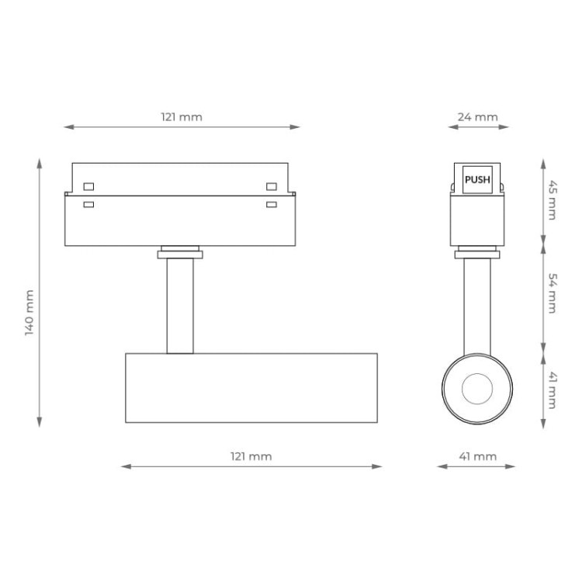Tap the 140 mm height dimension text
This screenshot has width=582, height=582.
29,312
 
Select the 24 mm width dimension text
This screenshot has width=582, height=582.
477,117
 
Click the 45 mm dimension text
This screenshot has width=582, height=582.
552,199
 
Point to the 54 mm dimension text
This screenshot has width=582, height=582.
552,294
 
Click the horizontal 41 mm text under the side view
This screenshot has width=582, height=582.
477,456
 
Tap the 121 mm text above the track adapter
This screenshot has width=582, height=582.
182,117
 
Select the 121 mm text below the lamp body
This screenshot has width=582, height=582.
251,456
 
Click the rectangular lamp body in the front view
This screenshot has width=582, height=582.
251,388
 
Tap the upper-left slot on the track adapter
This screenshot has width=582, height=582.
88,186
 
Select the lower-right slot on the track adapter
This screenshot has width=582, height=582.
272,205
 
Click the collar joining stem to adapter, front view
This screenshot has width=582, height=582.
180,252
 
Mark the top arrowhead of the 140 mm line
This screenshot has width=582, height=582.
40,162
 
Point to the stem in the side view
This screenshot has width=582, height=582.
476,303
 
